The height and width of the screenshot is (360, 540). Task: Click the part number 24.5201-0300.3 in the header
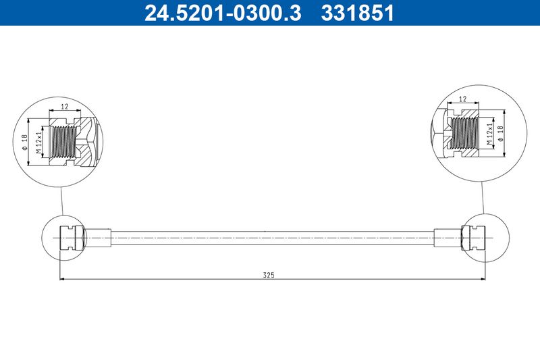(223, 13)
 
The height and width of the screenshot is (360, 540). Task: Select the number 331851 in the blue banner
(357, 13)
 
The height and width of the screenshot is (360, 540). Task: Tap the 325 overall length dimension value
(269, 275)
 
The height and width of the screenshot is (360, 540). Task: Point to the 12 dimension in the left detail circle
(65, 107)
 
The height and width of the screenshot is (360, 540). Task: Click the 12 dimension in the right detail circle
(463, 99)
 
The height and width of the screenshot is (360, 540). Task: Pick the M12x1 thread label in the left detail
(39, 141)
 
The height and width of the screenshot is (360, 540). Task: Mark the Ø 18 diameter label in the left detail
(24, 142)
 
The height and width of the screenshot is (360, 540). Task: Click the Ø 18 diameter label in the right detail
(500, 133)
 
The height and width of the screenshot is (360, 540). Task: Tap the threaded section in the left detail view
(63, 141)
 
